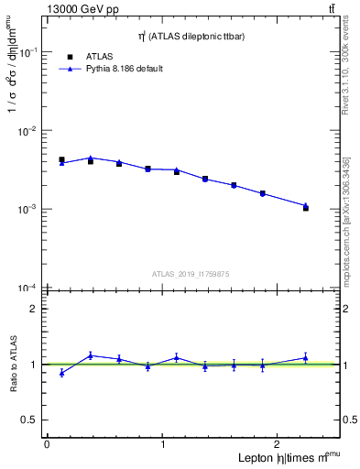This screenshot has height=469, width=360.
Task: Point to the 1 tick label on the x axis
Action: click(x=163, y=444)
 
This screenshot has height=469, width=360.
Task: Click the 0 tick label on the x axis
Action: click(x=47, y=444)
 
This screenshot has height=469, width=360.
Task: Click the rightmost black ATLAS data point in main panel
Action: click(x=306, y=208)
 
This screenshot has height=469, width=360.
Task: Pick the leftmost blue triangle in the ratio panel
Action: click(x=61, y=373)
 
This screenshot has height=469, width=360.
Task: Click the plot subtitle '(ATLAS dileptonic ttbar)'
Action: click(x=192, y=36)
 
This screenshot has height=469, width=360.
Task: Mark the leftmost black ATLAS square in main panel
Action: click(x=61, y=159)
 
